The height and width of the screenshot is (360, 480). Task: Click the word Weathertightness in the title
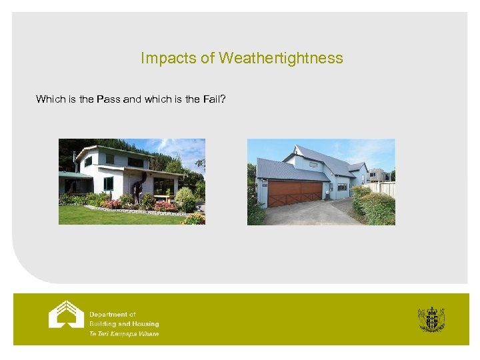point(281,58)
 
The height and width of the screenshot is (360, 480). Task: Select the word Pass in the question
point(108,99)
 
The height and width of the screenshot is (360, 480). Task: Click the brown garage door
point(293,193)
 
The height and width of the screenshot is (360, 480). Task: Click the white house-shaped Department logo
point(66,315)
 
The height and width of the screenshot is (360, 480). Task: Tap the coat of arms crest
point(431,319)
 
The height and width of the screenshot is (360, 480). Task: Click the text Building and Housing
point(124,324)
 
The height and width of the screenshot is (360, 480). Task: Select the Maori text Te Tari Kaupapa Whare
point(124,333)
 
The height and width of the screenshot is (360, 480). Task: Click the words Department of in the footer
point(113,315)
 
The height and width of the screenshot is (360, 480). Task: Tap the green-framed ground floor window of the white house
point(108,183)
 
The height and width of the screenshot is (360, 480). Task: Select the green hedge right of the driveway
point(375,207)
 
